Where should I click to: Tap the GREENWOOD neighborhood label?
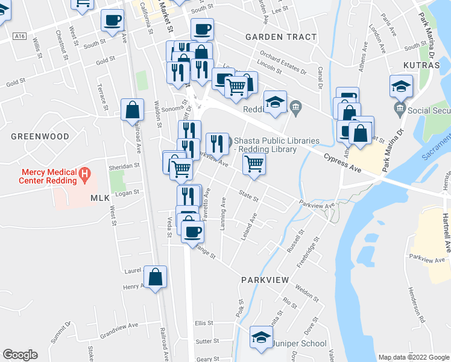pyautogui.click(x=40, y=137)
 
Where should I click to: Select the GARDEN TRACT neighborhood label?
pyautogui.click(x=280, y=37)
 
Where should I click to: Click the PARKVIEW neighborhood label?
pyautogui.click(x=266, y=281)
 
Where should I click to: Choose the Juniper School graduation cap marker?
pyautogui.click(x=261, y=338)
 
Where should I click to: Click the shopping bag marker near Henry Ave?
pyautogui.click(x=155, y=278)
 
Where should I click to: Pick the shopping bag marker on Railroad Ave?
pyautogui.click(x=132, y=110)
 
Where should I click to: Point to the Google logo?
pyautogui.click(x=20, y=355)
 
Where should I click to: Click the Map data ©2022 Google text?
pyautogui.click(x=413, y=357)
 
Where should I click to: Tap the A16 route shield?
pyautogui.click(x=20, y=36)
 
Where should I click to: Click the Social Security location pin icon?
pyautogui.click(x=399, y=110)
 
